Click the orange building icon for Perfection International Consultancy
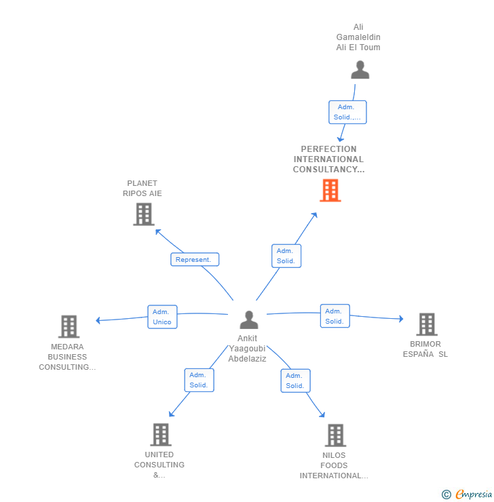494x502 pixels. (x=330, y=191)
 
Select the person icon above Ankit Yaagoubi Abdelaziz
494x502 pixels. (x=249, y=320)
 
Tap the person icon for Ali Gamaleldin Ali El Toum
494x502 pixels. (x=360, y=70)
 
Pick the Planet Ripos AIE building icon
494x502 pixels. (x=143, y=214)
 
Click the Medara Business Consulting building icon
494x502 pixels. (x=69, y=326)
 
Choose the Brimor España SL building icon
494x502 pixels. (x=426, y=324)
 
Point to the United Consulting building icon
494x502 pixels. (x=160, y=434)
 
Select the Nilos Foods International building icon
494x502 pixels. (x=335, y=435)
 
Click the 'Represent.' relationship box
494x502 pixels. (x=195, y=259)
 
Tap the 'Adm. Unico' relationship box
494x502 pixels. (x=162, y=317)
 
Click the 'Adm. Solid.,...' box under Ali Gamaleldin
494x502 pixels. (x=347, y=112)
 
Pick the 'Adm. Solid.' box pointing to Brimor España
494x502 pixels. (x=335, y=316)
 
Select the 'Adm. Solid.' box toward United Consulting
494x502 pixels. (x=199, y=380)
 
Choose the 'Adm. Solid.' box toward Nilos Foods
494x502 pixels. (x=295, y=381)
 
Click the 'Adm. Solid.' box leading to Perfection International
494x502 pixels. (x=286, y=256)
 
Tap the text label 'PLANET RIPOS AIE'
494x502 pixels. (x=142, y=188)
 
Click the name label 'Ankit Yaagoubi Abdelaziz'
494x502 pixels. (x=248, y=349)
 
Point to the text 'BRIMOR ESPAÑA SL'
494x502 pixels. (x=425, y=349)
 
